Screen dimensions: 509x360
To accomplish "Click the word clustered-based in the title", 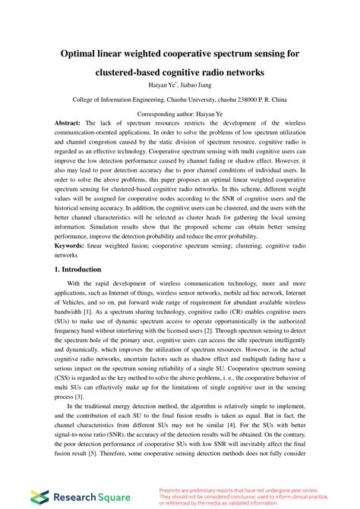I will point(136,72).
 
